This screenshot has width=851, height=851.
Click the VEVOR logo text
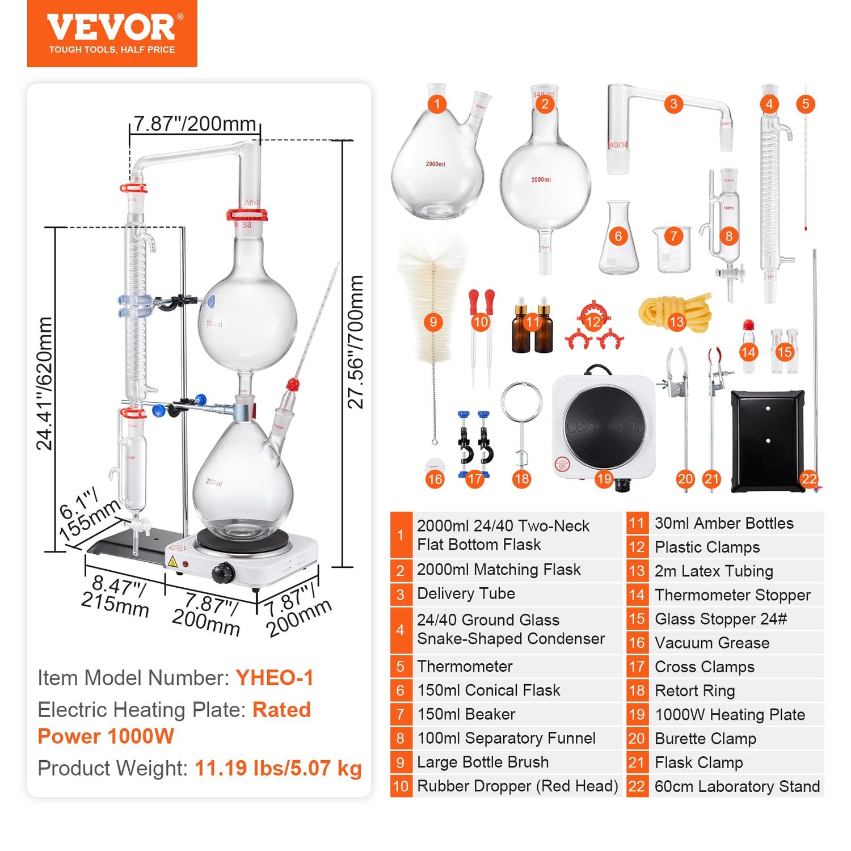(111, 27)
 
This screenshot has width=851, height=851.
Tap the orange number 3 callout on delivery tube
(673, 104)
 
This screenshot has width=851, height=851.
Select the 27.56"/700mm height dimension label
(356, 342)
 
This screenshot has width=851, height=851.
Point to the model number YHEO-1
(274, 678)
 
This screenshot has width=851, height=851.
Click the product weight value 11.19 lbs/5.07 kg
(278, 768)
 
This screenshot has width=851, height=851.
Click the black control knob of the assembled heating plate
(223, 573)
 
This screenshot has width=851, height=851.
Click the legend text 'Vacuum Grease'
(712, 643)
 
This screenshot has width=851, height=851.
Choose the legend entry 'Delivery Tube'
(466, 593)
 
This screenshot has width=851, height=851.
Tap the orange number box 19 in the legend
(637, 715)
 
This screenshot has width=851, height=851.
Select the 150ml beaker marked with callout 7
(672, 250)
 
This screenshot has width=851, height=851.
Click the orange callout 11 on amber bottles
(532, 322)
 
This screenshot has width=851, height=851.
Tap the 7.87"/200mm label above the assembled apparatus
(195, 124)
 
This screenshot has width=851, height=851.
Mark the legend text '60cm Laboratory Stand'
(737, 786)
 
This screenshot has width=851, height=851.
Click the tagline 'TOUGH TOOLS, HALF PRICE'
(112, 50)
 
